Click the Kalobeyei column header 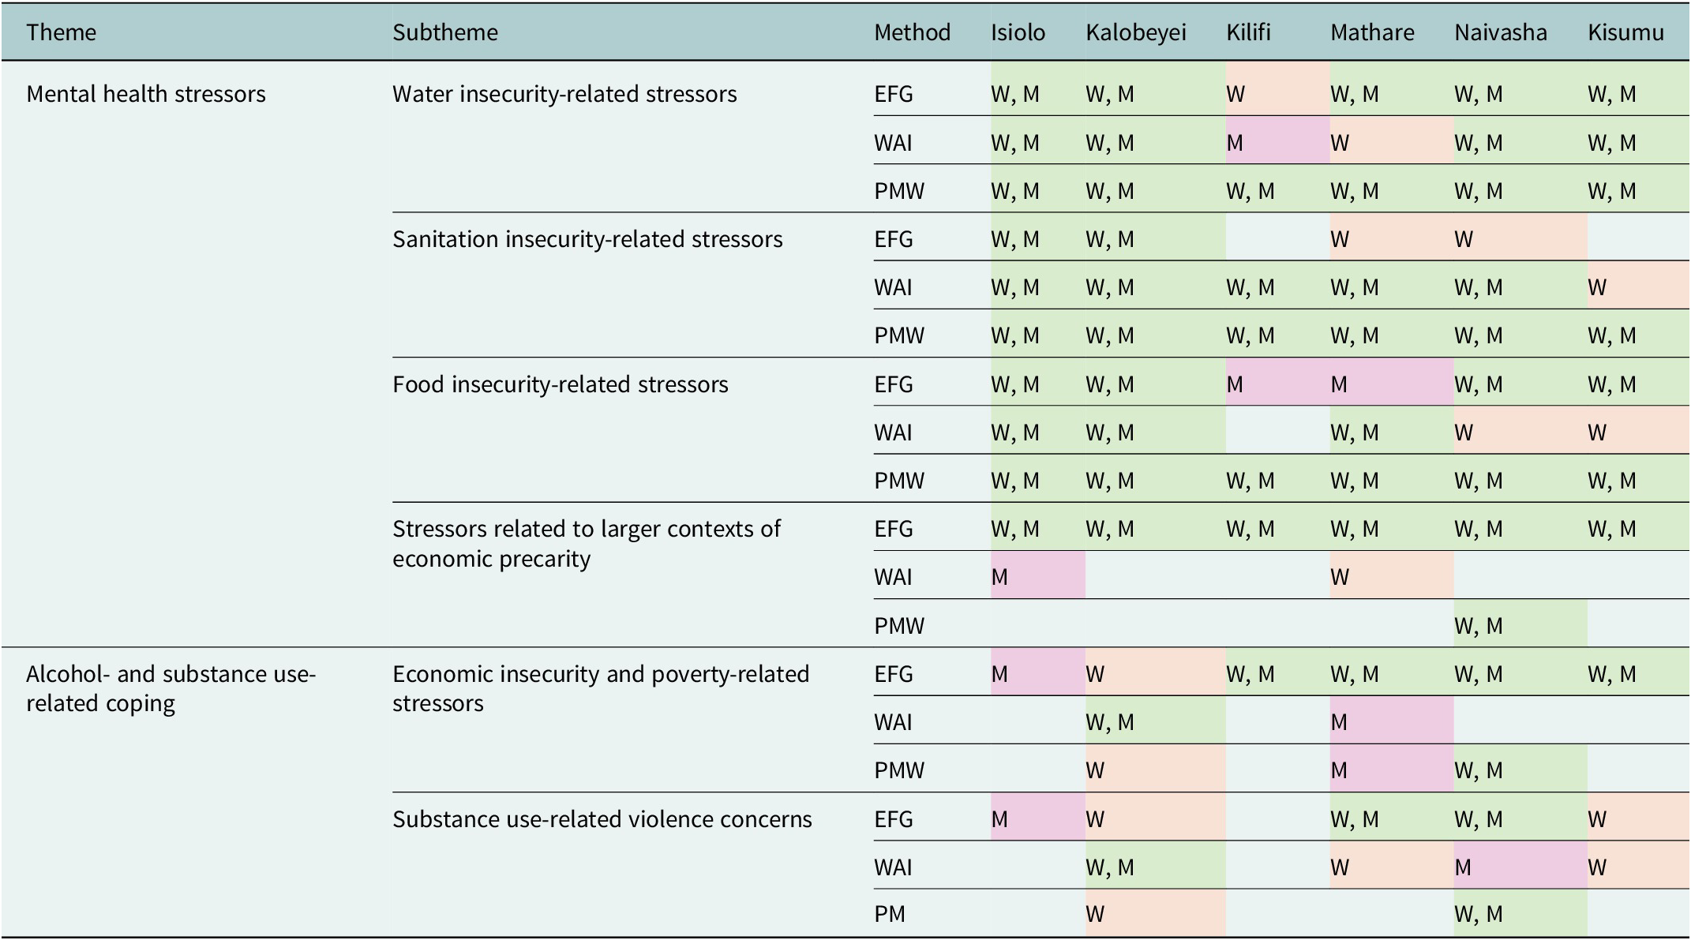point(1136,33)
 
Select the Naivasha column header point(1501,32)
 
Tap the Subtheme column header point(445,32)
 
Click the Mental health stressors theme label point(146,94)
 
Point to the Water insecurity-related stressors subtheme point(564,94)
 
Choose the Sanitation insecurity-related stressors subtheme point(587,239)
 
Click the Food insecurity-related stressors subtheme point(561,384)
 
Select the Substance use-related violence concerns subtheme point(602,819)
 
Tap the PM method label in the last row point(890,914)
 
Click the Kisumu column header point(1626,32)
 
